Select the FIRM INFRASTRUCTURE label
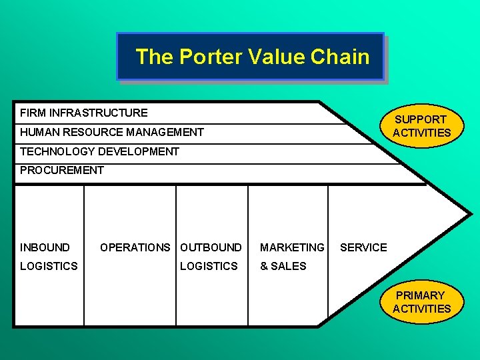[84, 113]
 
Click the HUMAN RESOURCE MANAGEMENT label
[112, 132]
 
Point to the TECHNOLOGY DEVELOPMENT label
[99, 151]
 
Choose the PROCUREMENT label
[62, 170]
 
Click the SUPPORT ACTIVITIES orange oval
[421, 125]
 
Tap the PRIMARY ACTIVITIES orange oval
[421, 301]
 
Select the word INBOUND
[45, 247]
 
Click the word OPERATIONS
[135, 247]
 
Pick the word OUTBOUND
[211, 247]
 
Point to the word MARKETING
[292, 247]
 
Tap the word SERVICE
[363, 247]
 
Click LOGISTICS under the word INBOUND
[49, 266]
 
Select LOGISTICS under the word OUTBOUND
[209, 266]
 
